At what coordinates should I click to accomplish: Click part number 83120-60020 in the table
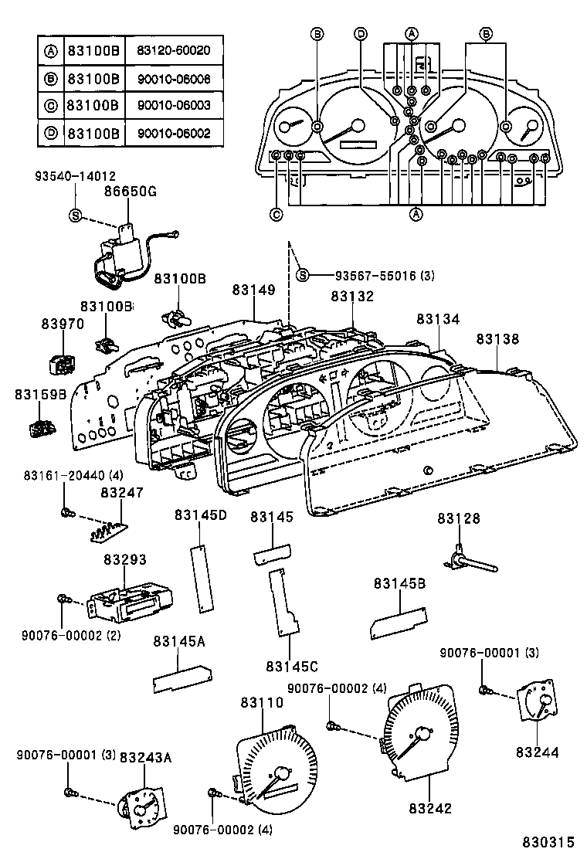click(174, 52)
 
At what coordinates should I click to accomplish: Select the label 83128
click(459, 519)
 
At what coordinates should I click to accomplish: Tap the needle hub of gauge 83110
click(280, 774)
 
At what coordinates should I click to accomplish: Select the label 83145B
click(400, 583)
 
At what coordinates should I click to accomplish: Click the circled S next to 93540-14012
click(76, 215)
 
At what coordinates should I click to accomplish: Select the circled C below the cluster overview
click(276, 215)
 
